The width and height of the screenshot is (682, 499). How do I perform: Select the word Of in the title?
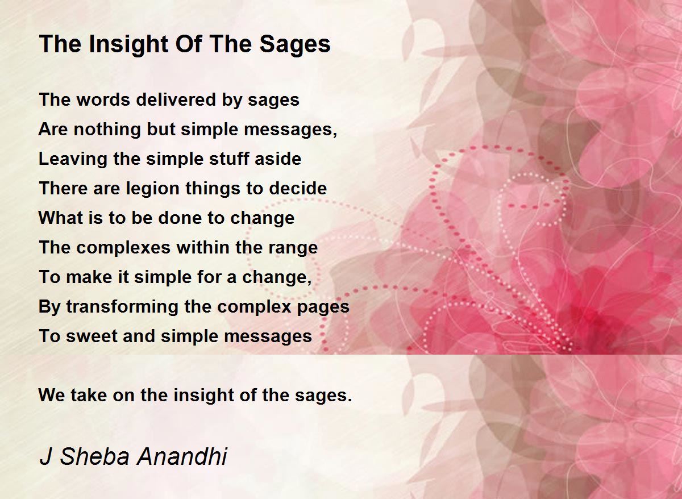pyautogui.click(x=189, y=44)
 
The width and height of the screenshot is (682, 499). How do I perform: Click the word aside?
pyautogui.click(x=278, y=159)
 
